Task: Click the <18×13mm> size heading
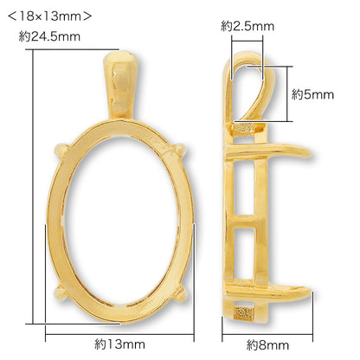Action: tap(49, 16)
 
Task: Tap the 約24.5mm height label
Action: tap(49, 36)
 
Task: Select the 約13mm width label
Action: tap(119, 344)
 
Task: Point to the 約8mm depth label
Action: tap(267, 345)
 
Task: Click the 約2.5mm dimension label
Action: tap(247, 26)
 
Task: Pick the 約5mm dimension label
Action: tap(312, 94)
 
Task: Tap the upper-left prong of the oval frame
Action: tap(61, 151)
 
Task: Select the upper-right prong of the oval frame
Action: tap(179, 150)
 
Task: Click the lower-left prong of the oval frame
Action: tap(61, 293)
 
